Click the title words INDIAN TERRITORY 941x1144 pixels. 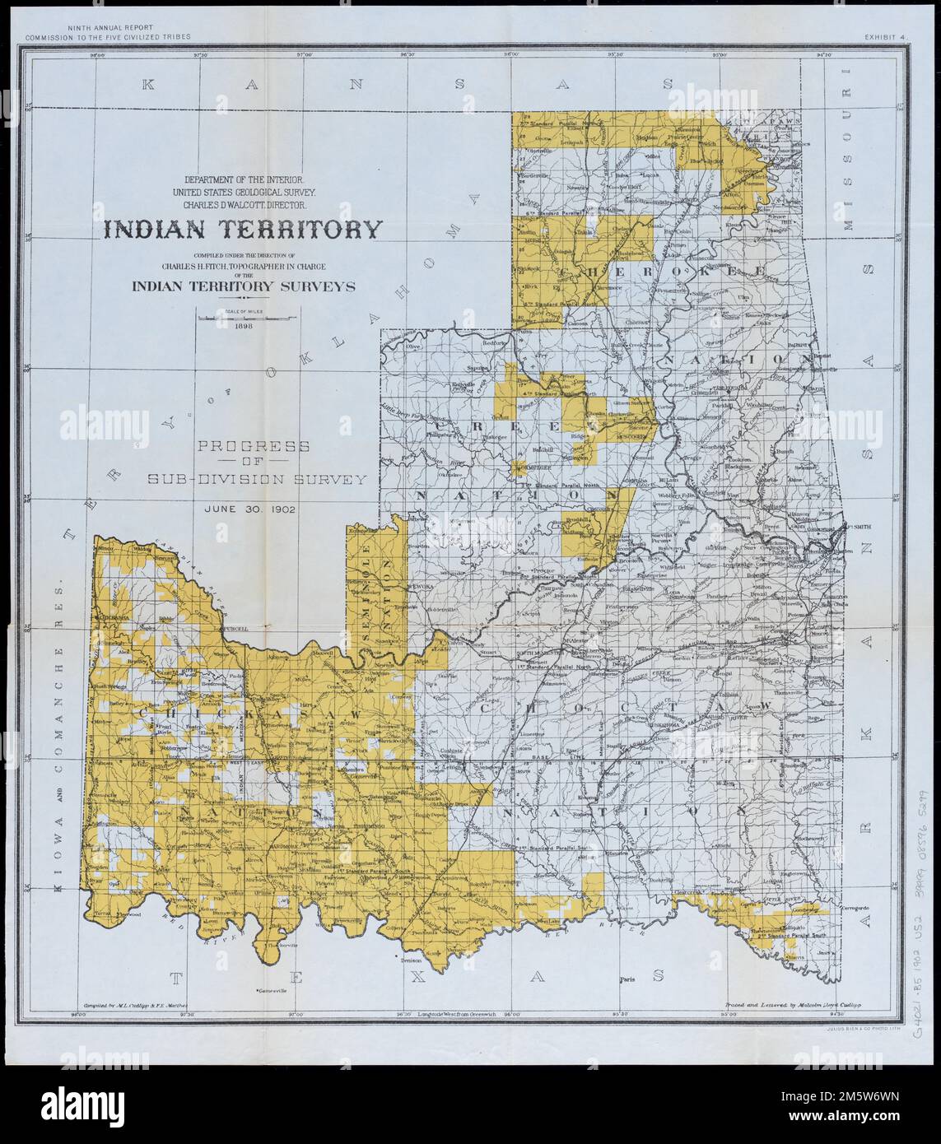241,229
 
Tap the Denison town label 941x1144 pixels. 409,960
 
